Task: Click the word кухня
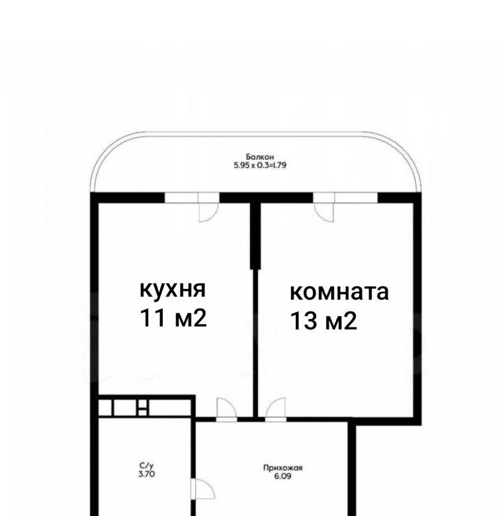pos(173,290)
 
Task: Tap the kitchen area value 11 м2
pos(173,318)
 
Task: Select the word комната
pos(339,292)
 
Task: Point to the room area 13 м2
pos(323,321)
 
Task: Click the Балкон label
pos(260,157)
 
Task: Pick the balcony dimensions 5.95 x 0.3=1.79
pos(260,165)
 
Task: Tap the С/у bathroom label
pos(147,466)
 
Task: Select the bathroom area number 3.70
pos(147,474)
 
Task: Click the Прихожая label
pos(282,468)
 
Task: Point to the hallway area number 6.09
pos(282,476)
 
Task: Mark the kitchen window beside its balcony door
pos(181,197)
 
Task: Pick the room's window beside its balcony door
pos(356,197)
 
